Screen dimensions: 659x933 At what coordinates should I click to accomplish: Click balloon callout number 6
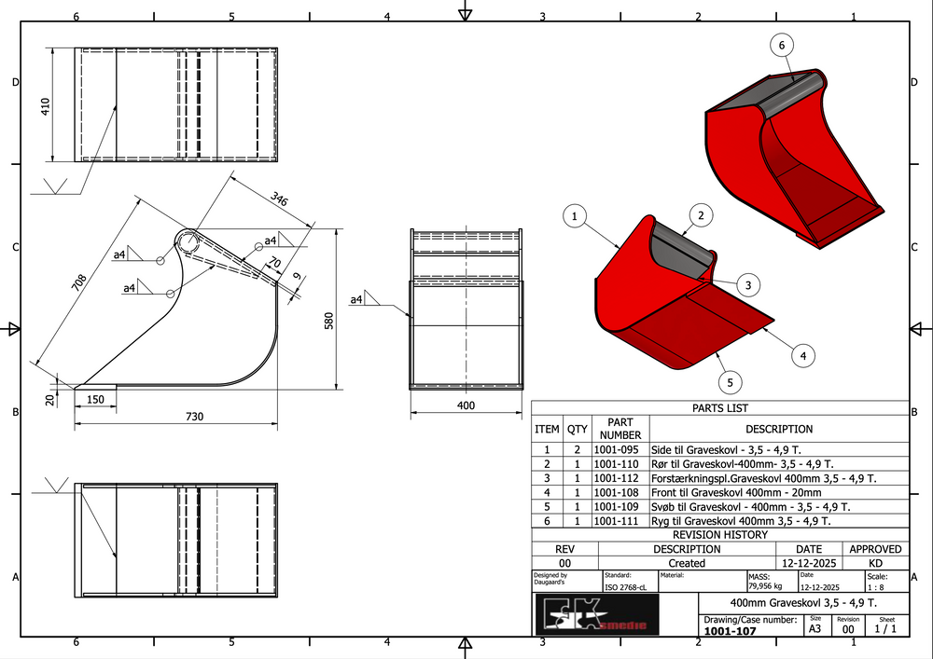pos(783,45)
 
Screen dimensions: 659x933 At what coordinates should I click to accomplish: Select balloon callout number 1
pos(576,217)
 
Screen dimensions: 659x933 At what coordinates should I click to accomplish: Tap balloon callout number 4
pos(802,354)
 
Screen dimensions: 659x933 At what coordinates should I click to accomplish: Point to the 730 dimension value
pos(194,416)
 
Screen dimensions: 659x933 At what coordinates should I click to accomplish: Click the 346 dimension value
pos(279,198)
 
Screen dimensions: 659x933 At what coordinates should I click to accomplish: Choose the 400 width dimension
pos(466,405)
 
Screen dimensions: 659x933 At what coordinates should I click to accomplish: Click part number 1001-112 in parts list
pos(620,478)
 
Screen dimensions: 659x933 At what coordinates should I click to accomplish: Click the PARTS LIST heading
pos(719,408)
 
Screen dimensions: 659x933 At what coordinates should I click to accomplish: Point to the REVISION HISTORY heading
pos(719,535)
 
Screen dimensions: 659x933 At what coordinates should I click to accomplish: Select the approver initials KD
pos(874,563)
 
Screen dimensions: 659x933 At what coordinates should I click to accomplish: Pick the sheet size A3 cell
pos(815,629)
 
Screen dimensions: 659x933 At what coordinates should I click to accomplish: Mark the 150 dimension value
pos(96,399)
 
